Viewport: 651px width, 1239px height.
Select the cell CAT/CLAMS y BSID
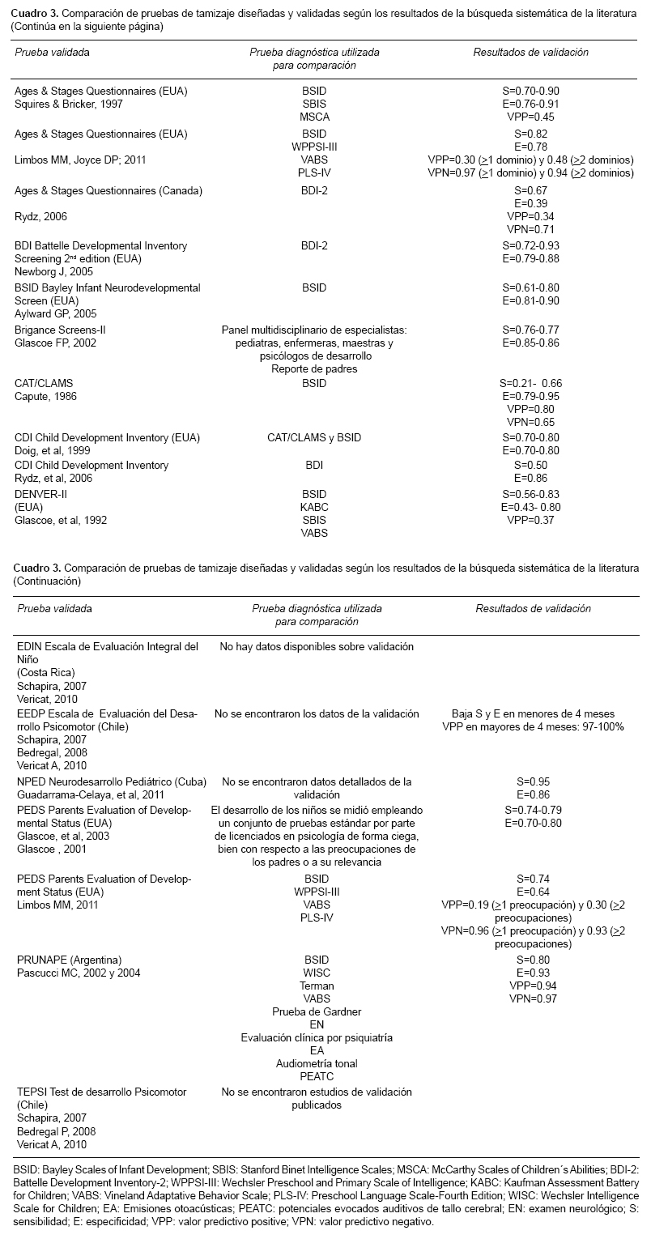[x=313, y=437]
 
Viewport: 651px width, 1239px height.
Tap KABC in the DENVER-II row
[x=313, y=507]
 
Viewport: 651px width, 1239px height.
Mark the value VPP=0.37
[x=530, y=519]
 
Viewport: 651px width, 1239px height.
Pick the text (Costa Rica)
[x=46, y=672]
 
